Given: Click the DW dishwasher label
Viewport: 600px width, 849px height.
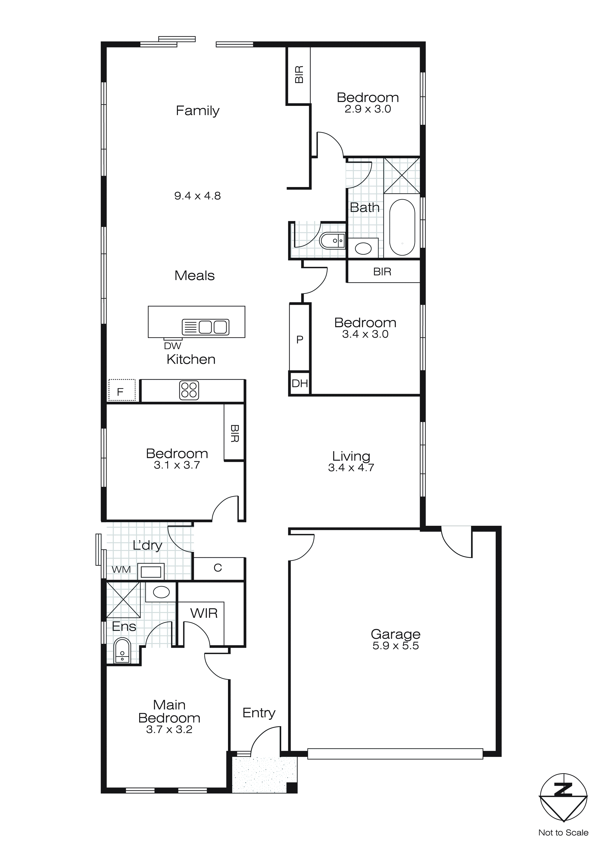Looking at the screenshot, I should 173,346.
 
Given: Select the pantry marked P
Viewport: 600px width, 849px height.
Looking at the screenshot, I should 300,339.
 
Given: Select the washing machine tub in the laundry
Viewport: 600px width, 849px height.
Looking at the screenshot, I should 151,572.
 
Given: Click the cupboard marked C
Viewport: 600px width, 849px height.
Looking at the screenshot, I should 218,568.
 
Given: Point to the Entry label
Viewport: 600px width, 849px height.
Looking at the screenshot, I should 259,713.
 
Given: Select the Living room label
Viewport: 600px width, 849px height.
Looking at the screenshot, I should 351,456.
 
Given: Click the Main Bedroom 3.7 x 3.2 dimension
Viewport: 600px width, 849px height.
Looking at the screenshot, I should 169,729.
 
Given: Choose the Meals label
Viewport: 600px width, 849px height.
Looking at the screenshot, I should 194,275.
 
